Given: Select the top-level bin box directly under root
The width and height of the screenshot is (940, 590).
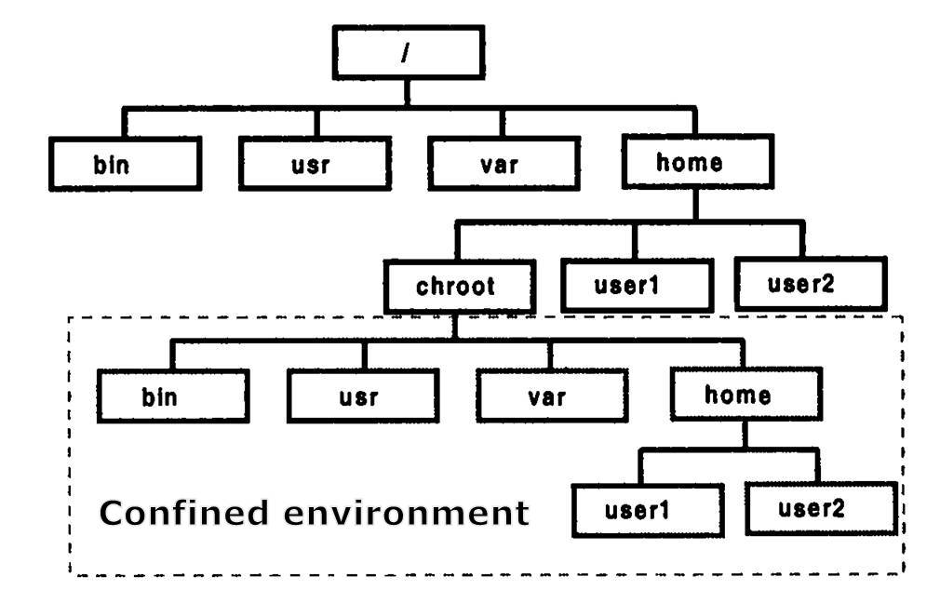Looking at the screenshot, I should point(125,164).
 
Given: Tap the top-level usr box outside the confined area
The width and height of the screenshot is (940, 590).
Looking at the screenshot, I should point(314,164).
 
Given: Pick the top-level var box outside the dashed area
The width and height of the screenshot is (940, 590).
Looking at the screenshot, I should point(504,164).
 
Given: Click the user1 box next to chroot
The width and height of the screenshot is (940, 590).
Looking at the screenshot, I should point(638,284).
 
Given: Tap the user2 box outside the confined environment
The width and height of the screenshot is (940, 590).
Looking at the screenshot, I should point(811,283).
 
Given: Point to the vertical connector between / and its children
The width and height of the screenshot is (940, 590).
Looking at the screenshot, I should point(408,94).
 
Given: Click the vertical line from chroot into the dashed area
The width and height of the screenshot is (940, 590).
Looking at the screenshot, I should point(455,326).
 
